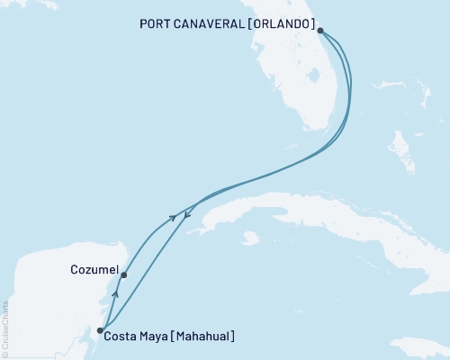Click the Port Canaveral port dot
click(321, 28)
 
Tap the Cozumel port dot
click(123, 275)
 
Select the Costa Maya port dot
click(100, 330)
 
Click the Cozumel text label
click(93, 269)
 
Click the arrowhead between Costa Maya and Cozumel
click(114, 294)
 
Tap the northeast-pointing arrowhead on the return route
click(172, 218)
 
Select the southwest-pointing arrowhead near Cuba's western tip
click(186, 213)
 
